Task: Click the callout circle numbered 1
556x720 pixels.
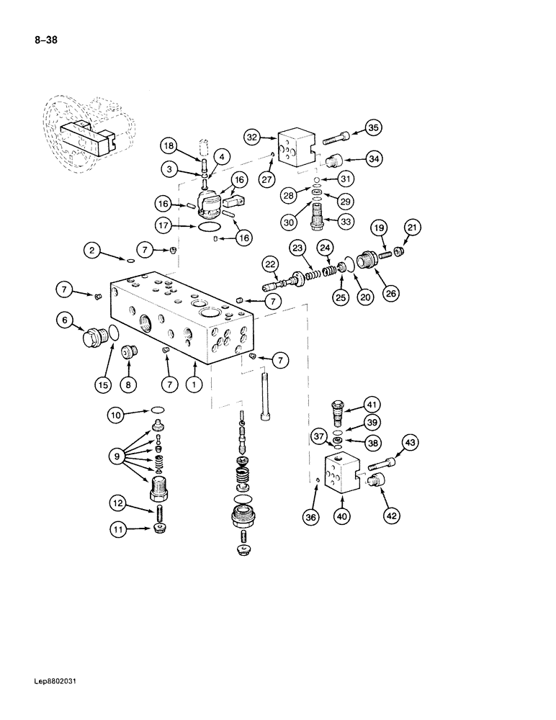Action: pos(194,385)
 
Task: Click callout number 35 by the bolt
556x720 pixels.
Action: pos(372,128)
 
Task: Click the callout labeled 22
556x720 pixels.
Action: pos(270,264)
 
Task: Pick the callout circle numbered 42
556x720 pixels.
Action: pos(390,515)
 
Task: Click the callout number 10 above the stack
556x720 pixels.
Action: pos(116,414)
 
